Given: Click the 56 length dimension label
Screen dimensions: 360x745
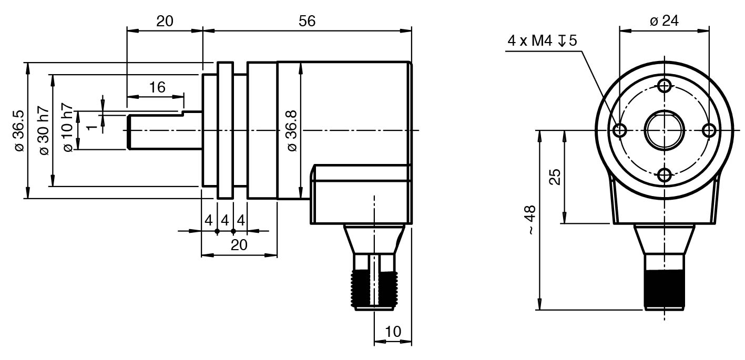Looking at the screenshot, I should pos(307,21).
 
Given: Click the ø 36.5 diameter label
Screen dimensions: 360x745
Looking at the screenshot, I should pos(19,131).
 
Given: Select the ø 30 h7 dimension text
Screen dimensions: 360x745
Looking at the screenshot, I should pos(44,131).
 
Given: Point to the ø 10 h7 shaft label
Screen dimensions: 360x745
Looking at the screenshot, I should pos(68,130).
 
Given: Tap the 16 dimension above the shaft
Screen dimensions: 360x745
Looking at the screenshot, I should pos(157,87).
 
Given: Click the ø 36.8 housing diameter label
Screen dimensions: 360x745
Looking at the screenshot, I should pos(292,131).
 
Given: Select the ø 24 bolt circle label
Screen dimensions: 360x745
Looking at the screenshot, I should pos(664,21).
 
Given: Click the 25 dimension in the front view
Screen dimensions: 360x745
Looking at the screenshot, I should pos(555,177).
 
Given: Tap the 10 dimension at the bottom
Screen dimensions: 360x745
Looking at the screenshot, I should pos(393,331).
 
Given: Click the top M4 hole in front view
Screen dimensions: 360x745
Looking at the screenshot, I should pos(665,85).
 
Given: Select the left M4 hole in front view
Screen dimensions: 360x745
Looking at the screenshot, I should pos(620,130).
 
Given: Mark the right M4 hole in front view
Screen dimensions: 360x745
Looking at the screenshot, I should pos(709,130).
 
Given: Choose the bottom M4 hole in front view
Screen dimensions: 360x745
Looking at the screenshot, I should pos(665,175).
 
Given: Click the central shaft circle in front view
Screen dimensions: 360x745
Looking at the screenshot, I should pos(665,130).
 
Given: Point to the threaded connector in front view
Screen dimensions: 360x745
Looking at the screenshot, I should pos(665,286).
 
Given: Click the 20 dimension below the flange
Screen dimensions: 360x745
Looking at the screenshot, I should pos(239,245).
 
